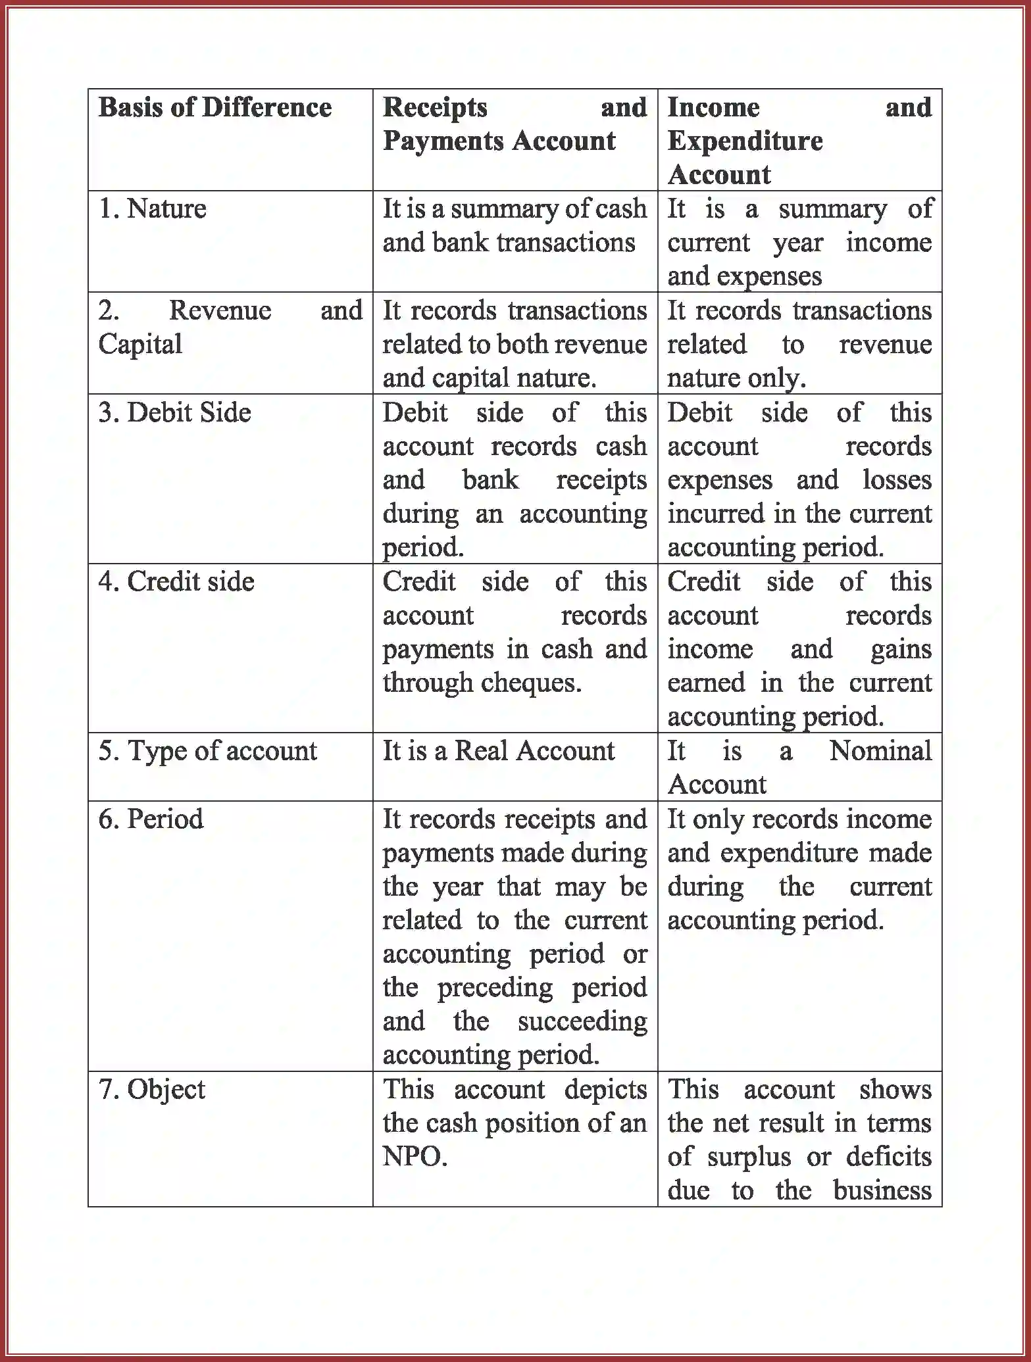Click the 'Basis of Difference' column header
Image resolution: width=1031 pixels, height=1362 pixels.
coord(214,107)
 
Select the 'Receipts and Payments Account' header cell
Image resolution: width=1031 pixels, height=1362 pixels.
coord(515,125)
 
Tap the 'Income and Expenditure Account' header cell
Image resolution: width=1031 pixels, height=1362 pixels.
coord(799,141)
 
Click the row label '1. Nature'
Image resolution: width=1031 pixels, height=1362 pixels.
coord(153,209)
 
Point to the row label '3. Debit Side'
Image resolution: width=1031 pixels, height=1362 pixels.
coord(175,413)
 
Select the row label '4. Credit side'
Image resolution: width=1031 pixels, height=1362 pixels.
coord(176,582)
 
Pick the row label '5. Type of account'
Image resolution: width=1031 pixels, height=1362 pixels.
coord(208,751)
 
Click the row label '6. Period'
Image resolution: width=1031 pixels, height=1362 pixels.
coord(151,819)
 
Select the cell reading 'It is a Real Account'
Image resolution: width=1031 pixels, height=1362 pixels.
coord(498,751)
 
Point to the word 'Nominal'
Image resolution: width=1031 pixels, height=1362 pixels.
coord(880,751)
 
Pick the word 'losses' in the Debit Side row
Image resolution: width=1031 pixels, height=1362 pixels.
coord(897,480)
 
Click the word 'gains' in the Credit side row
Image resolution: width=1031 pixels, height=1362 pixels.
coord(901,650)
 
